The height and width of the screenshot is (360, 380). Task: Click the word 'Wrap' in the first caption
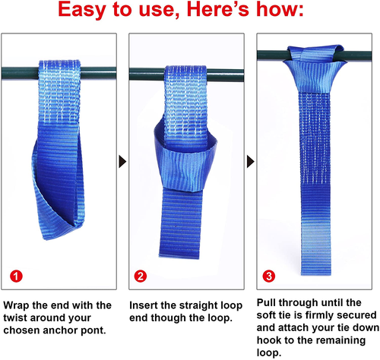click(28, 305)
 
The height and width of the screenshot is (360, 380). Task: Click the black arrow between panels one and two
click(120, 162)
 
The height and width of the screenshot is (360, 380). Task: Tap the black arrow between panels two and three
click(250, 162)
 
